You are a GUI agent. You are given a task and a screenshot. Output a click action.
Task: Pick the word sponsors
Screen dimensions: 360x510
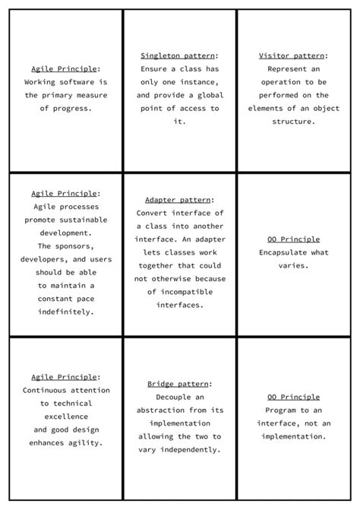[74, 246]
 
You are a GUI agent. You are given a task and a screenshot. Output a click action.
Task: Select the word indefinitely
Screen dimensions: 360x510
[65, 312]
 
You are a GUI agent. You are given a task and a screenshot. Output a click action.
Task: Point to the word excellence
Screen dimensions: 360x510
[65, 417]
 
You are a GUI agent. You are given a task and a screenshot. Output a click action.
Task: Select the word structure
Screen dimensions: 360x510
[293, 122]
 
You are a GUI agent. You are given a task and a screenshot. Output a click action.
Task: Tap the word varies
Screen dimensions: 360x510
[293, 266]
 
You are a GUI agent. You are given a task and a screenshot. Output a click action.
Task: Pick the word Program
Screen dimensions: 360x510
[281, 410]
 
